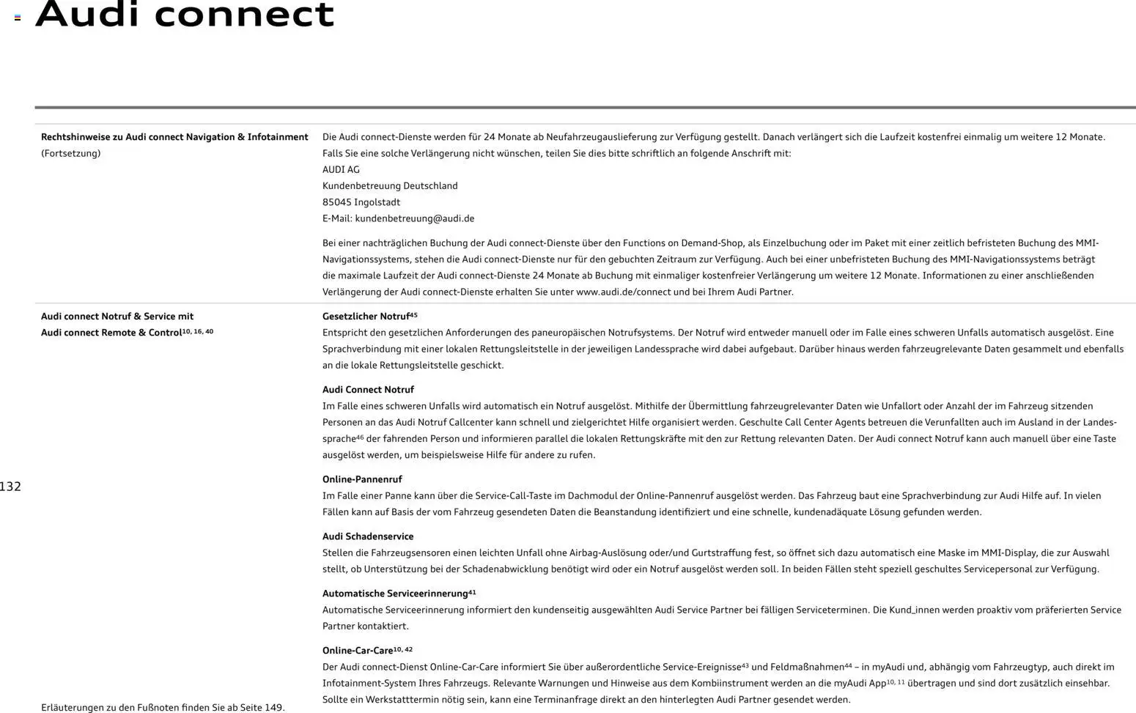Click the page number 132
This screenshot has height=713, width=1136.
click(10, 487)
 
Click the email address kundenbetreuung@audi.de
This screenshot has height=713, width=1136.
click(414, 218)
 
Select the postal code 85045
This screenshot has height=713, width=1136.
click(336, 202)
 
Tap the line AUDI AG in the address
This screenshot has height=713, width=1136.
click(341, 169)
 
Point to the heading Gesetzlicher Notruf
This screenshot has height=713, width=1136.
click(366, 317)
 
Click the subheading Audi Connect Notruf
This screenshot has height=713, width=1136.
click(368, 390)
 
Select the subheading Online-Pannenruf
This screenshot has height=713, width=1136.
click(362, 479)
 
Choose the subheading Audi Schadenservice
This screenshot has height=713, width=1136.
click(368, 536)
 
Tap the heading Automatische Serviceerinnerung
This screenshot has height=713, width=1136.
click(395, 594)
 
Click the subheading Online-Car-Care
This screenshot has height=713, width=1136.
click(358, 651)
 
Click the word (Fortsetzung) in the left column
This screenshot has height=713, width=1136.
click(70, 153)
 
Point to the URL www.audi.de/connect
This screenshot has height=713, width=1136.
click(623, 292)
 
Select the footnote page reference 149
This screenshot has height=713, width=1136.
click(273, 708)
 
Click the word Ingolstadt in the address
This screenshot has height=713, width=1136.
click(377, 202)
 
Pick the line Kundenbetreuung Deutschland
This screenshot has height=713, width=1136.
click(390, 186)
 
